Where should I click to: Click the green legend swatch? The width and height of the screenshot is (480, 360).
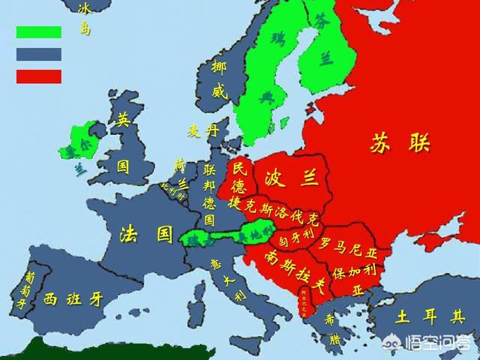point(39,32)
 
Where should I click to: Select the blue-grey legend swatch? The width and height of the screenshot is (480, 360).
point(39,54)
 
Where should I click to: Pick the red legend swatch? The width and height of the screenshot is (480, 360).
point(39,76)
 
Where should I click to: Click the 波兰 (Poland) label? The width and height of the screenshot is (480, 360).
point(289,178)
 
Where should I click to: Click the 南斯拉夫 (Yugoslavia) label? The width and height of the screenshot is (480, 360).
point(285,270)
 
